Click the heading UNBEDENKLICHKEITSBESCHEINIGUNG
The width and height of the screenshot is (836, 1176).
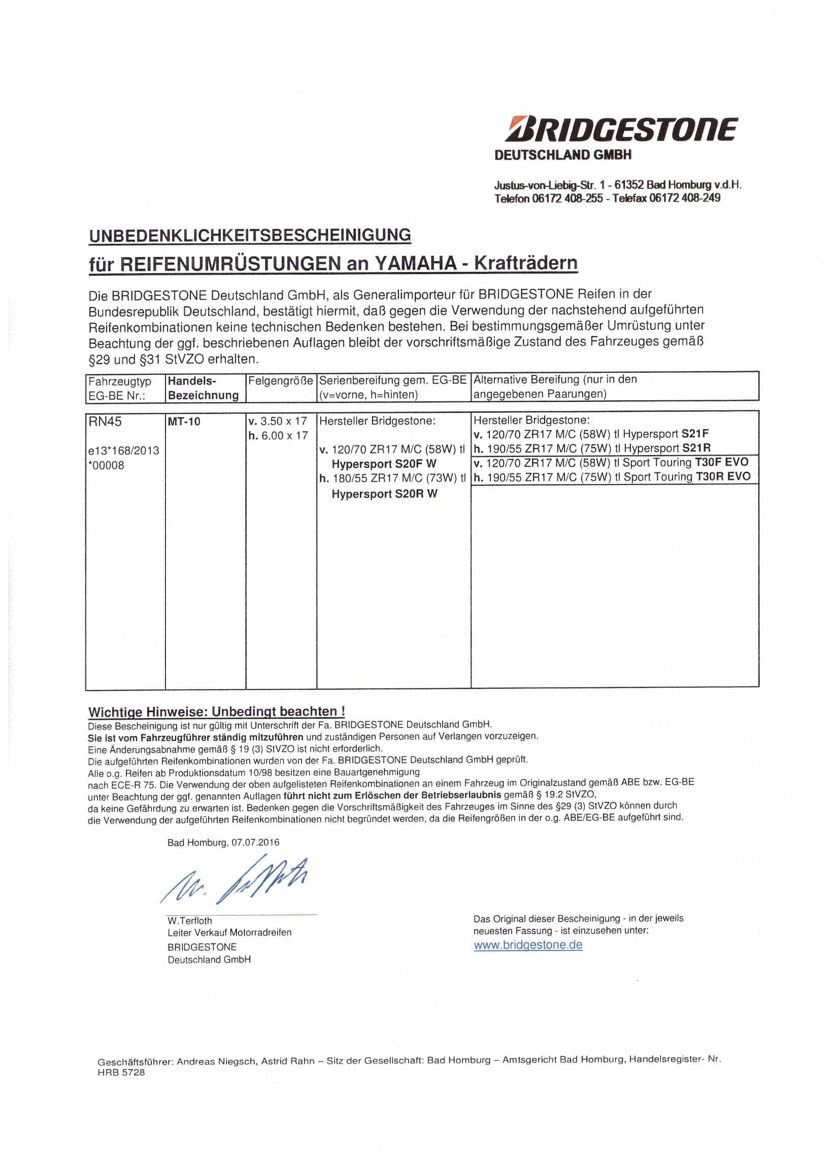pos(250,235)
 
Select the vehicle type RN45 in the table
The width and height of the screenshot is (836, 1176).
pos(105,421)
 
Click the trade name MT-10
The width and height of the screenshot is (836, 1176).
pos(184,421)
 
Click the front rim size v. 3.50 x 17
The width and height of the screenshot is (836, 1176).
pos(278,421)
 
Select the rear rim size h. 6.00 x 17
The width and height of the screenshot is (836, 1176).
pos(278,435)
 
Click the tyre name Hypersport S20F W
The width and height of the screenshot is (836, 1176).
pos(384,464)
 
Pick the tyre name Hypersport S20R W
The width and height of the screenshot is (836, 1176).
pos(385,494)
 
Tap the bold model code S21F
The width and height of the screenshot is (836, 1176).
pos(695,434)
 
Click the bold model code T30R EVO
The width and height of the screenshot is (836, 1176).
pos(723,476)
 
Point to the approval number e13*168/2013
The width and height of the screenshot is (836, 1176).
pos(123,451)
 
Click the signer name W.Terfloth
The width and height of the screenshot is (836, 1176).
pos(189,920)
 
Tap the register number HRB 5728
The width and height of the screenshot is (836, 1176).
pos(121,1072)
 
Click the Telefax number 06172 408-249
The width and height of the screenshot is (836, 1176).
pos(685,198)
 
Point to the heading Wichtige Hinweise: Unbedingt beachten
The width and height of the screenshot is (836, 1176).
pos(216,712)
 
